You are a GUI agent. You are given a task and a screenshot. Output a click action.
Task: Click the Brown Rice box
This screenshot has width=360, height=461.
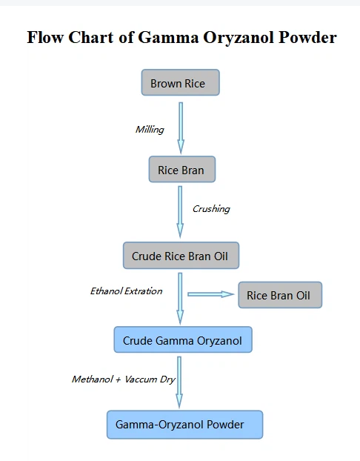tap(180, 83)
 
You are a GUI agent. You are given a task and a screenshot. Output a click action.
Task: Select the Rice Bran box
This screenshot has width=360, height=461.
tap(181, 170)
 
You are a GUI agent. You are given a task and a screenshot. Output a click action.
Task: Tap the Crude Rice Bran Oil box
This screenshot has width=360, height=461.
tap(181, 256)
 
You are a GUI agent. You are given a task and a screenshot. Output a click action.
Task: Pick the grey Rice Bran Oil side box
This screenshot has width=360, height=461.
tap(279, 295)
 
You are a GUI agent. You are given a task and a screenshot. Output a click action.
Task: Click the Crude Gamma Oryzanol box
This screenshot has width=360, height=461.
tap(182, 340)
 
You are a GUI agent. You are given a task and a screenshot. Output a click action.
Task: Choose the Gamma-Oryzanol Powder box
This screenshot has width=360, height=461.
tap(184, 425)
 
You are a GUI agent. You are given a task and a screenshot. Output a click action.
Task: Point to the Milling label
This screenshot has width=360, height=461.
tap(149, 130)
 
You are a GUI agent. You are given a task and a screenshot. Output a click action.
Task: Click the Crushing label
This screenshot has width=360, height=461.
tap(211, 209)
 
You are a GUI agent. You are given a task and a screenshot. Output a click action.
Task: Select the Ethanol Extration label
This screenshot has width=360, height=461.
tap(126, 291)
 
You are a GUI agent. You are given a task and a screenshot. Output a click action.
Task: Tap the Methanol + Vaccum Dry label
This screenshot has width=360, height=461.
tap(123, 379)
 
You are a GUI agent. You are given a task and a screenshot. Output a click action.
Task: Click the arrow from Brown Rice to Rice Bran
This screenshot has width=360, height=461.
tap(181, 127)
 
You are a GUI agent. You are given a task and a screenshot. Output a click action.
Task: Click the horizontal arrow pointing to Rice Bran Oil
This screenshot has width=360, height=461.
tap(210, 294)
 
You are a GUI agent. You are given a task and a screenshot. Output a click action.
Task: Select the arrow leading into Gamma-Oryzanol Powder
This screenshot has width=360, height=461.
tap(179, 381)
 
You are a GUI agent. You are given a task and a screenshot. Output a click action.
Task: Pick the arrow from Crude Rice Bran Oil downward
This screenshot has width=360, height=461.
tap(180, 298)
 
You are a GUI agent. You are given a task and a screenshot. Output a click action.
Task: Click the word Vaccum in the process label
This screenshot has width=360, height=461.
tap(141, 379)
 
